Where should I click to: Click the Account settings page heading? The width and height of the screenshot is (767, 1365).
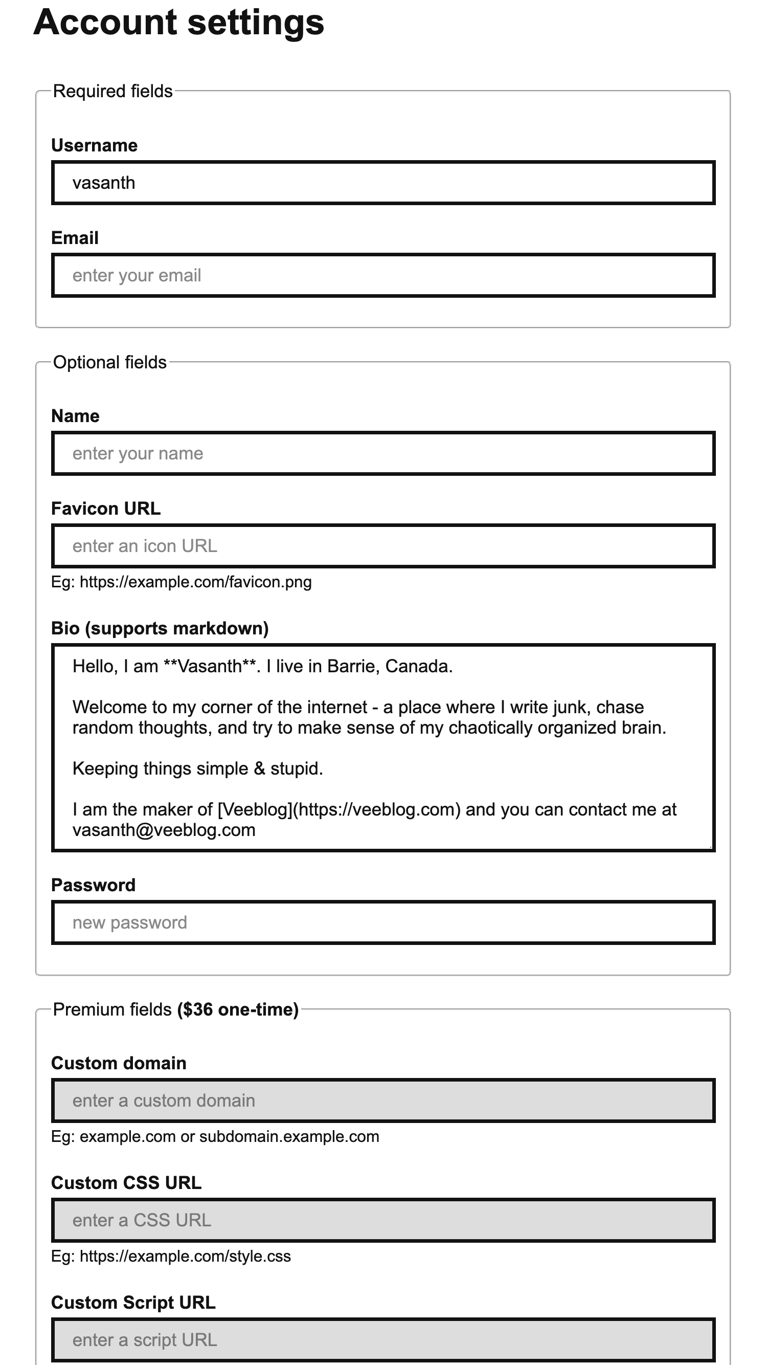(x=178, y=23)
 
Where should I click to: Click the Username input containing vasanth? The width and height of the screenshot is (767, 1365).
(x=383, y=183)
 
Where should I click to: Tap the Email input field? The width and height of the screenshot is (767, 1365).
(x=383, y=276)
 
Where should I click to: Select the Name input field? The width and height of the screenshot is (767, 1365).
(x=383, y=454)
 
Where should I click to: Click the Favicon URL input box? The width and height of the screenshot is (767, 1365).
(x=383, y=546)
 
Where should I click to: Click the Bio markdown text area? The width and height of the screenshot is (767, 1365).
(x=383, y=747)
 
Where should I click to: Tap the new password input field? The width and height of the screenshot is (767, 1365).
(x=383, y=922)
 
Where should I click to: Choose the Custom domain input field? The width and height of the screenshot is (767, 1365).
(x=383, y=1100)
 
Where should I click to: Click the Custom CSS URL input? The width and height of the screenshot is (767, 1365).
(x=383, y=1220)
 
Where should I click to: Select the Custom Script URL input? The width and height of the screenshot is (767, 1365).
(x=383, y=1339)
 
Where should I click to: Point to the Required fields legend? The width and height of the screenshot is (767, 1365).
(x=113, y=91)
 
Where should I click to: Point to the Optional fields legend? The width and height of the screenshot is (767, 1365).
(x=109, y=362)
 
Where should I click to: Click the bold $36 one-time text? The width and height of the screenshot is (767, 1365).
(x=238, y=1009)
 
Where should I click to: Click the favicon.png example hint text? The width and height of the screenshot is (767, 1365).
(x=181, y=582)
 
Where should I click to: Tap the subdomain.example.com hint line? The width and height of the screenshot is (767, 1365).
(x=215, y=1137)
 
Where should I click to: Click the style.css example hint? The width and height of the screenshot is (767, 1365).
(x=171, y=1257)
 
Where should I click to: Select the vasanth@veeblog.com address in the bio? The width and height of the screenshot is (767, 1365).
(x=164, y=830)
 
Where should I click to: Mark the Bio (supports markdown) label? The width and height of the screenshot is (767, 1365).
(x=160, y=628)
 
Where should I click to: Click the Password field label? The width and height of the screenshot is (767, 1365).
(x=93, y=886)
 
